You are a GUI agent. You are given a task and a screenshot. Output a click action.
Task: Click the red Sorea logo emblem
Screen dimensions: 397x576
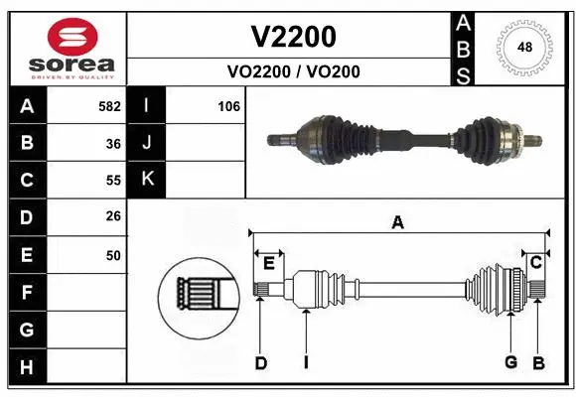67,38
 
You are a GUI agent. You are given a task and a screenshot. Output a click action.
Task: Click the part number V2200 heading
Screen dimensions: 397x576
292,37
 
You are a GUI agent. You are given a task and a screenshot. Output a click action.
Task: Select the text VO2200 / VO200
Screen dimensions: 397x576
292,71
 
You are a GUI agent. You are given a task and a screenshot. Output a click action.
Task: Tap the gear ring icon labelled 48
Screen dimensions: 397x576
522,46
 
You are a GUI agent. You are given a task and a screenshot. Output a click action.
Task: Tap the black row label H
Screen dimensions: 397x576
26,367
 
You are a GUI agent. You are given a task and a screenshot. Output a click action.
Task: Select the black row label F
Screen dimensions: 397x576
26,293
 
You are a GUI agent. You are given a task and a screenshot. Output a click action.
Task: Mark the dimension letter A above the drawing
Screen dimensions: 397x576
397,223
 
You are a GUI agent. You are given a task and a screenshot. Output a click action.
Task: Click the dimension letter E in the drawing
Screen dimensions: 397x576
268,262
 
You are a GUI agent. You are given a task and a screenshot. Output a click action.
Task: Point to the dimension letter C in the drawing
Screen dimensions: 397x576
535,262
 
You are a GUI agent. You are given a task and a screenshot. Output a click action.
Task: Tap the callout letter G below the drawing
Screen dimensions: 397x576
510,362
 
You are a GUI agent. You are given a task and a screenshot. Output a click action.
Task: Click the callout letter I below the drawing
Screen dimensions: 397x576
306,362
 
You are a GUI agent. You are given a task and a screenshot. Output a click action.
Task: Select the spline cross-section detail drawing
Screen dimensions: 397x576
199,299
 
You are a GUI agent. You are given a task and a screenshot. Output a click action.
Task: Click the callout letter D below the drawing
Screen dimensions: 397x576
261,362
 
